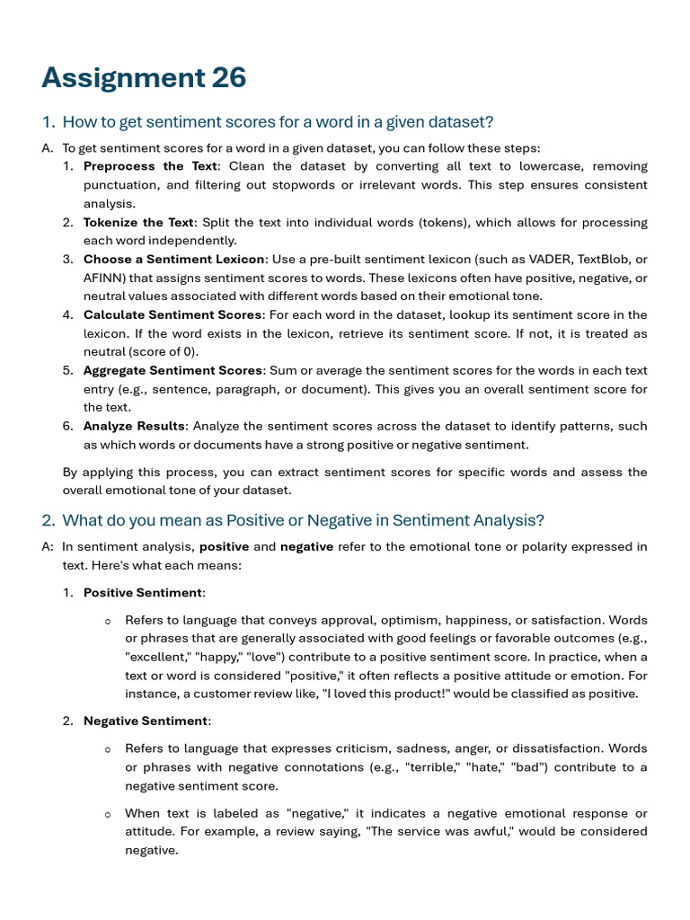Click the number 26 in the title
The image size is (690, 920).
[229, 79]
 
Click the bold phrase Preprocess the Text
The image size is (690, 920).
[150, 166]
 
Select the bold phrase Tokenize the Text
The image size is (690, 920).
[138, 222]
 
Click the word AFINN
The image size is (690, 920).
[103, 278]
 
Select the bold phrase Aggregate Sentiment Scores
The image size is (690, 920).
[173, 370]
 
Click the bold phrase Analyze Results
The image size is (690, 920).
[135, 426]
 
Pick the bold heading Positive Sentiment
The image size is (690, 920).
[143, 593]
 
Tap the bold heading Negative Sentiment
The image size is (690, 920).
[146, 721]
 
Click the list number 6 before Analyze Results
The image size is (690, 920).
[67, 426]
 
